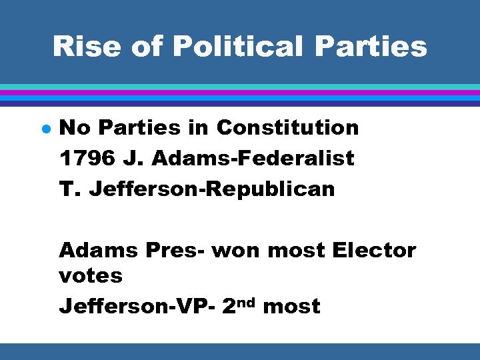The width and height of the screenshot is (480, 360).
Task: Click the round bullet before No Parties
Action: click(42, 128)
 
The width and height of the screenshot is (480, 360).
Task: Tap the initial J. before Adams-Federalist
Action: click(129, 158)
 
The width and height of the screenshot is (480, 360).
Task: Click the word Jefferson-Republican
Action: click(212, 189)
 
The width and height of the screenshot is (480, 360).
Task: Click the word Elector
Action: click(374, 251)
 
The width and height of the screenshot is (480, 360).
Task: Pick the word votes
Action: click(91, 275)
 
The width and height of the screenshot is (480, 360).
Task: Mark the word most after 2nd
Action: click(291, 306)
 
